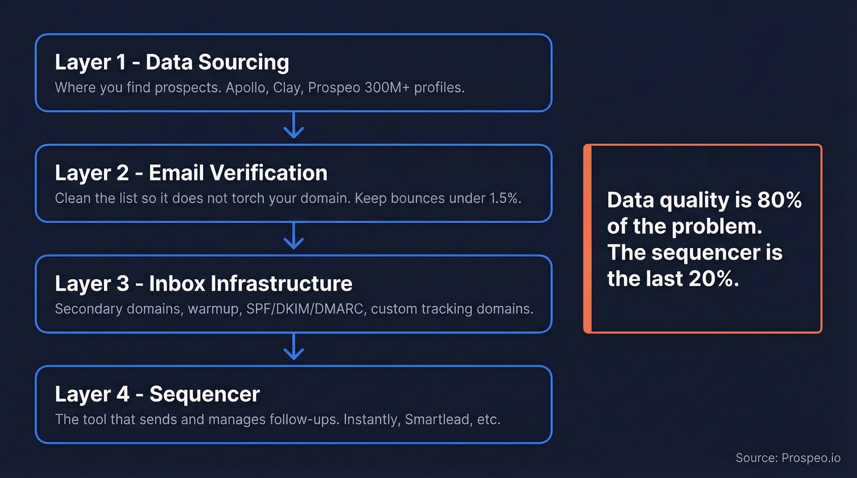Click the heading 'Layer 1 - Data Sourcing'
(x=172, y=62)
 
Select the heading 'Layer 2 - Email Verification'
(x=191, y=173)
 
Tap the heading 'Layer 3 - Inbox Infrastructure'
(x=203, y=284)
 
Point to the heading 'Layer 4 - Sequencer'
(x=157, y=394)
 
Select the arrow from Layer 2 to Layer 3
(x=294, y=237)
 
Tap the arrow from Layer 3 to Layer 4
(x=294, y=348)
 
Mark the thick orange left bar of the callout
(x=587, y=239)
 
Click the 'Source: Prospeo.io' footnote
(x=788, y=458)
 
